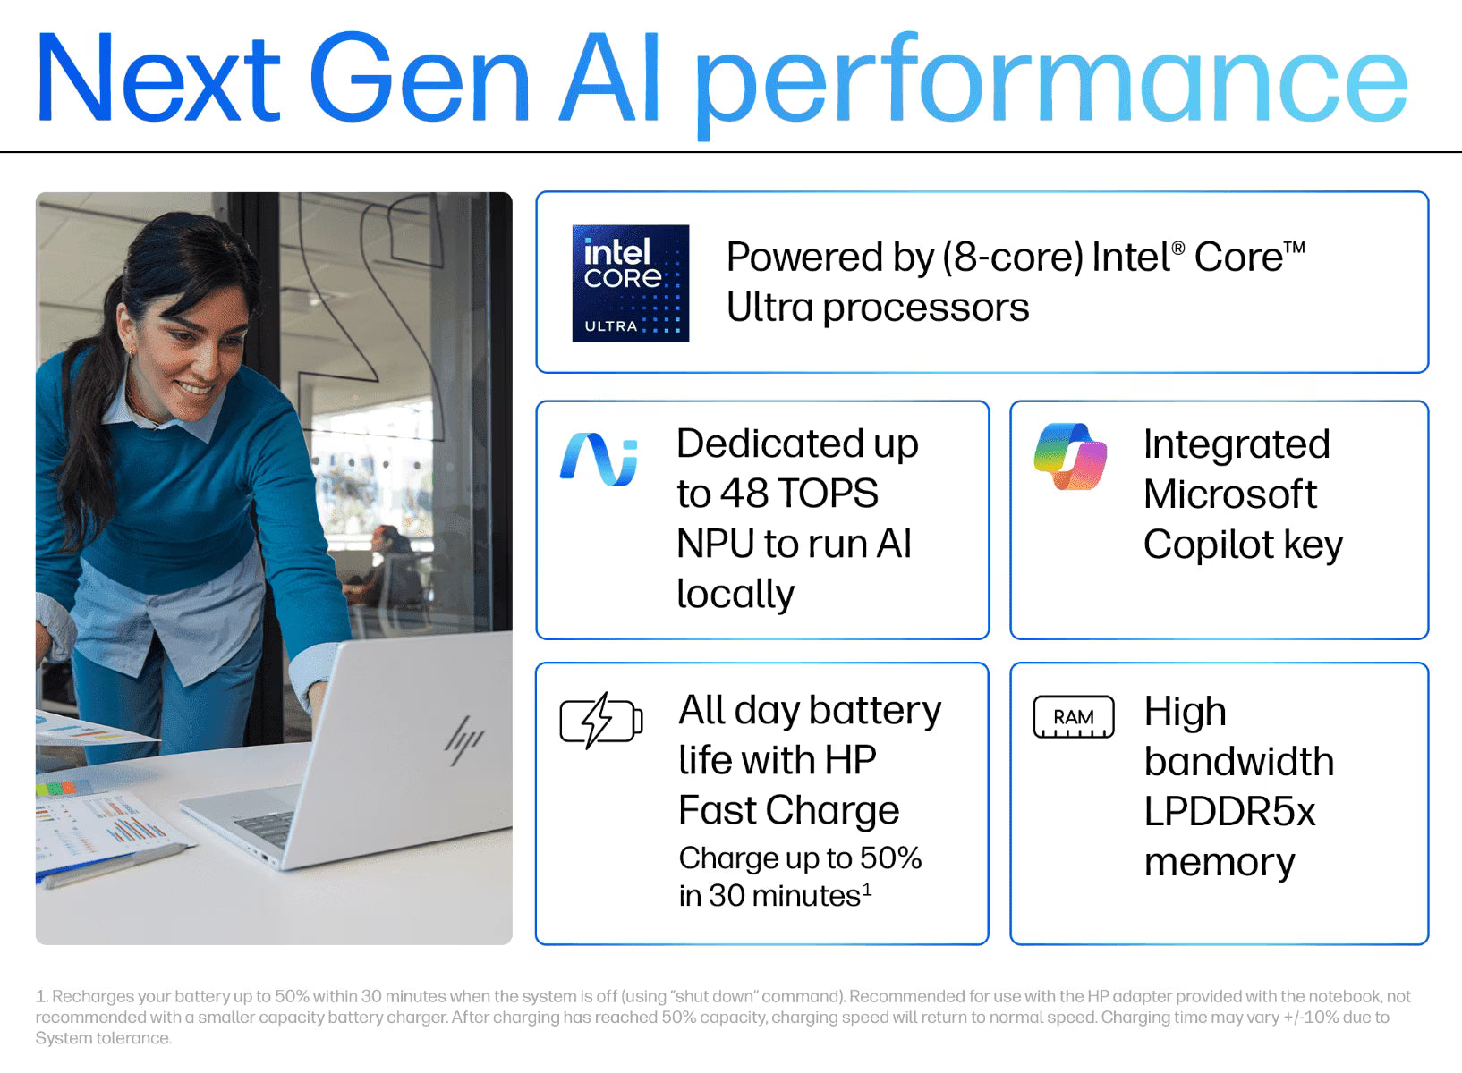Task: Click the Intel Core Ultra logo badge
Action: click(x=631, y=283)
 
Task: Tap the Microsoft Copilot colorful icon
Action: click(x=1070, y=457)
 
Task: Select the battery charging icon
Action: click(x=601, y=720)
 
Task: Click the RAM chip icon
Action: click(x=1074, y=717)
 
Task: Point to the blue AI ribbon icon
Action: click(x=599, y=460)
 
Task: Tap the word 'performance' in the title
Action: click(x=1051, y=81)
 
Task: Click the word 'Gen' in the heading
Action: click(x=419, y=77)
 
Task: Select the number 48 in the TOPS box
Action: click(x=744, y=493)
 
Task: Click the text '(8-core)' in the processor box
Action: click(x=1013, y=257)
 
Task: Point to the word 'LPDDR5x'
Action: click(x=1229, y=812)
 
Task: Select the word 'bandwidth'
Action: click(x=1239, y=761)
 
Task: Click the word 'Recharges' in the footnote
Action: click(x=94, y=997)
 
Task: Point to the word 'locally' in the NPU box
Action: click(x=735, y=595)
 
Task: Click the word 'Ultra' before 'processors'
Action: click(x=770, y=308)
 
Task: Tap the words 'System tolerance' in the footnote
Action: click(x=103, y=1038)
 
